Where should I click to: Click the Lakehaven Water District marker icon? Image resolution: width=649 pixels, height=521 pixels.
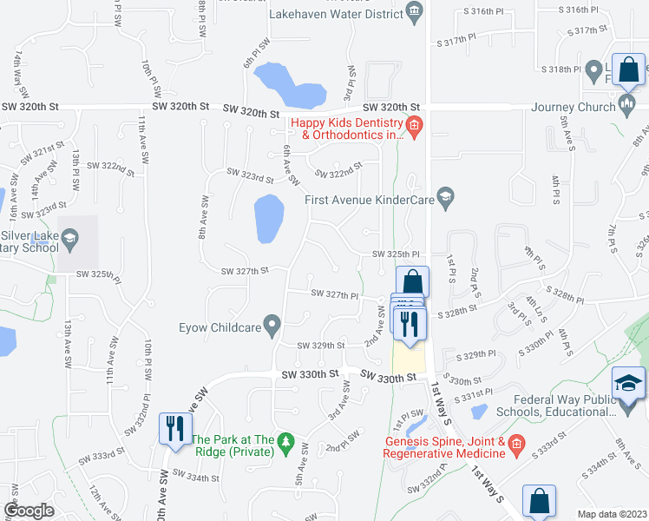tap(414, 11)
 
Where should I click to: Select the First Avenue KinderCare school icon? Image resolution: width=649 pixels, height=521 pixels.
tap(446, 199)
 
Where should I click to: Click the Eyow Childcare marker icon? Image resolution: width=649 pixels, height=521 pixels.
tap(272, 326)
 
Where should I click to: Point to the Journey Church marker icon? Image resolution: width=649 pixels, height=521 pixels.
tap(627, 107)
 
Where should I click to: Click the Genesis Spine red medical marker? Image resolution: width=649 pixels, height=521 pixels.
tap(516, 445)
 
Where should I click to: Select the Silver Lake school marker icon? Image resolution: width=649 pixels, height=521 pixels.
tap(69, 236)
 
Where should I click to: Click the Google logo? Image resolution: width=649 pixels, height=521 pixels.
tap(29, 511)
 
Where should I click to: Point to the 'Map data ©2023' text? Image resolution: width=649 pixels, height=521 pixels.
tap(612, 514)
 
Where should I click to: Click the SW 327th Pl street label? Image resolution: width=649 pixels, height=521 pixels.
tap(335, 295)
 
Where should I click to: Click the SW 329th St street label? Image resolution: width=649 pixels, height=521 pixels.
tap(321, 346)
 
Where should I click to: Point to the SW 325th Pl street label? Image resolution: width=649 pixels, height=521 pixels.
tap(396, 254)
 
